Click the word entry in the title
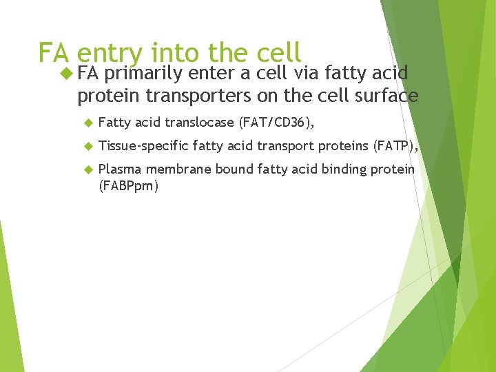point(110,54)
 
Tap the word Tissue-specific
point(143,146)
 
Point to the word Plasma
point(118,169)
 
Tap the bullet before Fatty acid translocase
point(87,123)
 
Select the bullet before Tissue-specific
point(87,146)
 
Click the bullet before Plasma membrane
point(87,169)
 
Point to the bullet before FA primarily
point(66,73)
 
